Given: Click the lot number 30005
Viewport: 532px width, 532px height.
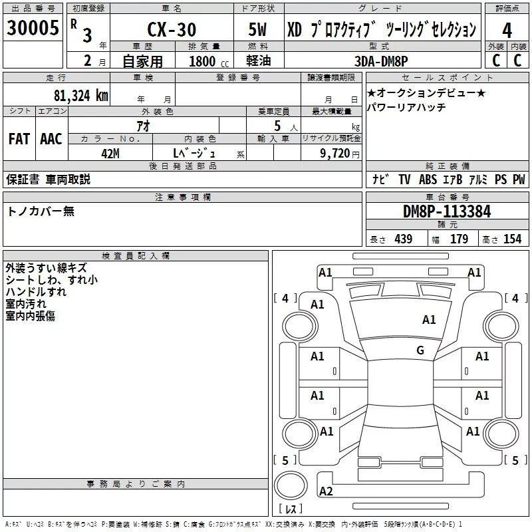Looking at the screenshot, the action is (31, 28).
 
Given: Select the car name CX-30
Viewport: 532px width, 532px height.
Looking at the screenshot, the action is (172, 30).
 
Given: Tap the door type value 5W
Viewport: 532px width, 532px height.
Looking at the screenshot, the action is (259, 30).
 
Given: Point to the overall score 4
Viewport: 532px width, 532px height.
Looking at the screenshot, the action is (507, 31).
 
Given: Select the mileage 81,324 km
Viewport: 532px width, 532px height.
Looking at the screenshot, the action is (80, 95).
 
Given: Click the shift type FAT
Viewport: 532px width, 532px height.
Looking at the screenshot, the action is (19, 138).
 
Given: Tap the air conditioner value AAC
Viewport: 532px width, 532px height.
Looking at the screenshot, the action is (51, 138).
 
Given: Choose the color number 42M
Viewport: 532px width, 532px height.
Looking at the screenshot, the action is (110, 153).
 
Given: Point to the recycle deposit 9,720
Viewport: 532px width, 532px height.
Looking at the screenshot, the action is (338, 153).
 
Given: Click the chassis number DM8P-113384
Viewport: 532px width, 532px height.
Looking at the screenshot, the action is (447, 211).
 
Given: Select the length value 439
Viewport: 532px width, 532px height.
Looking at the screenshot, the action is (404, 239).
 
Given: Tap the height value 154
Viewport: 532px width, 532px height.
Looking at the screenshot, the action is (512, 239).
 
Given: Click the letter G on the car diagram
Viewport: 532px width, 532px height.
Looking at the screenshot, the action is (420, 350).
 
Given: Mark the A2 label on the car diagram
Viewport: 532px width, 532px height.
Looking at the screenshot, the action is (326, 491).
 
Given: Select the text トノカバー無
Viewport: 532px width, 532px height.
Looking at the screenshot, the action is (41, 211).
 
